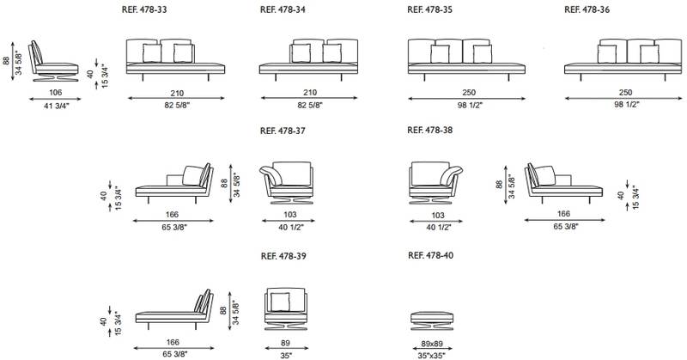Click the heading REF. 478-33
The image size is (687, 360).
(x=144, y=9)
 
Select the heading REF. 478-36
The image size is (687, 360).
(x=587, y=9)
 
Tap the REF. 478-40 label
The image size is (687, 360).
(x=431, y=255)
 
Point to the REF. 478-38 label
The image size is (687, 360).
(x=430, y=131)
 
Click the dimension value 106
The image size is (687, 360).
(x=56, y=93)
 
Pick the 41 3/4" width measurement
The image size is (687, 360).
(x=56, y=106)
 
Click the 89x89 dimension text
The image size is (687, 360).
(x=432, y=343)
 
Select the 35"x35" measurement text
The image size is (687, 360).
(x=432, y=356)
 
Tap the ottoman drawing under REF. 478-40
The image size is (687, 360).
(x=432, y=322)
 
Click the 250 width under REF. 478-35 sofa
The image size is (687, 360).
(x=469, y=93)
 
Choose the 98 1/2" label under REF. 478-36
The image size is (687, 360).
(x=626, y=105)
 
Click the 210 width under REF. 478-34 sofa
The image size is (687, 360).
(x=310, y=93)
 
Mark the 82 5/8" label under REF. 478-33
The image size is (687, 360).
(x=177, y=105)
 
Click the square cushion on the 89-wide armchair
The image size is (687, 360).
(x=280, y=302)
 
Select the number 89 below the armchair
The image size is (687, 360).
(x=286, y=343)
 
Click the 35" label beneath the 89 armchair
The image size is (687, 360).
(x=286, y=356)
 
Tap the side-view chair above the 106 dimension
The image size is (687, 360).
(x=53, y=61)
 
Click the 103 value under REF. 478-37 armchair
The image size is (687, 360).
(x=290, y=215)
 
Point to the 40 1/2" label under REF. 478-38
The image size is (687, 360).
(x=438, y=227)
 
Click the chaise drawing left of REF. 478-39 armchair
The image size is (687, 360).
(x=174, y=309)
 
